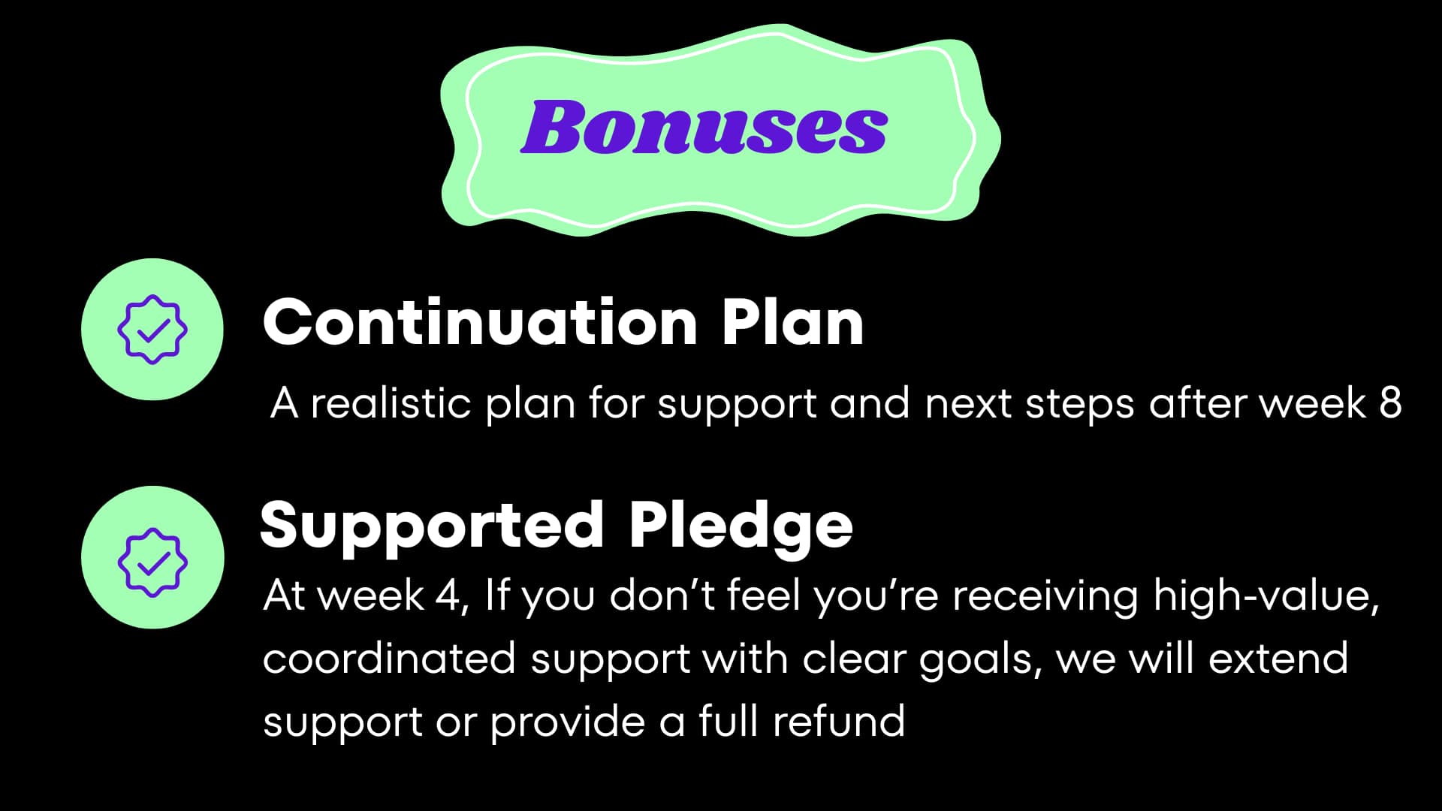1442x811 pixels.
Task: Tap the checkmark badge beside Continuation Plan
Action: (152, 330)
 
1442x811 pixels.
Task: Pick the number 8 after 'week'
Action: (1390, 402)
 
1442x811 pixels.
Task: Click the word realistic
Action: (391, 403)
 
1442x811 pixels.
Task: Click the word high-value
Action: (1266, 596)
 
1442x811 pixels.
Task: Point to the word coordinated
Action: (389, 659)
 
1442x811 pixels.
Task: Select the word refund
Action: (839, 721)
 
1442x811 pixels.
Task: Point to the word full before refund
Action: (728, 721)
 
